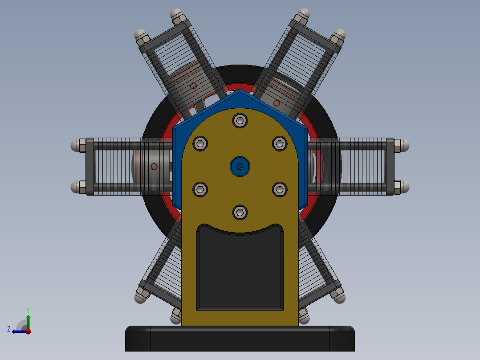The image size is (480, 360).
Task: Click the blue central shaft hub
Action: click(240, 167)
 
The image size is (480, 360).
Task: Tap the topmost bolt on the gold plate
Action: click(240, 121)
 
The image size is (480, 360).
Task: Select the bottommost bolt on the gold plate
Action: click(240, 213)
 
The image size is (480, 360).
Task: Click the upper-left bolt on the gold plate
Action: click(200, 143)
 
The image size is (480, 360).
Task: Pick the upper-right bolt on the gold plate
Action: click(280, 143)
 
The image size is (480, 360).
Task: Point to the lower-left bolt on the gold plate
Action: click(200, 189)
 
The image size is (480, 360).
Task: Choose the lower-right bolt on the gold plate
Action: click(280, 189)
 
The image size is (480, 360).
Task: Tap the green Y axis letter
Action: click(28, 310)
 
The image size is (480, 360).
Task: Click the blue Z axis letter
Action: click(9, 329)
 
